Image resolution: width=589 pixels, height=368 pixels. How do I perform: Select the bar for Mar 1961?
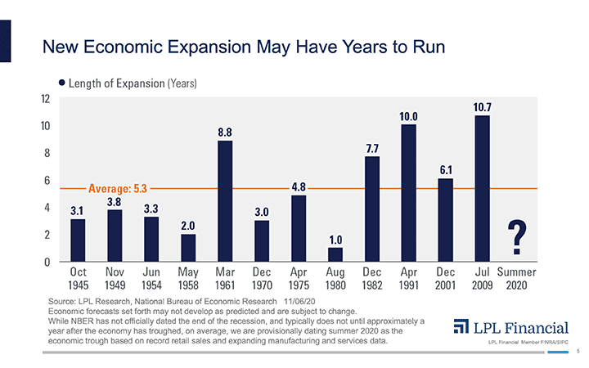(225, 200)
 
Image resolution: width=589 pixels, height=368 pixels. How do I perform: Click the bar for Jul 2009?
(483, 188)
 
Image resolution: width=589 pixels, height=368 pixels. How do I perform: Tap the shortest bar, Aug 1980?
(335, 254)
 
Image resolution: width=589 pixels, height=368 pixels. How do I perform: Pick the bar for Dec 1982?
(372, 209)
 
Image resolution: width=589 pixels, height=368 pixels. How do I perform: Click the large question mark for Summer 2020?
(517, 238)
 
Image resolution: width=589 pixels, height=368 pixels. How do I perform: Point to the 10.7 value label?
(483, 107)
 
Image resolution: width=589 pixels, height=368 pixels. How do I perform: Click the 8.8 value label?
(225, 132)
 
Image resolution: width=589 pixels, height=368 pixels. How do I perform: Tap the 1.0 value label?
(335, 239)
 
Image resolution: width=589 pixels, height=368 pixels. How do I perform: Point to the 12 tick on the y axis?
(45, 98)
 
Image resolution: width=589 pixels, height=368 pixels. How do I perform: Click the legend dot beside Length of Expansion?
(61, 83)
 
